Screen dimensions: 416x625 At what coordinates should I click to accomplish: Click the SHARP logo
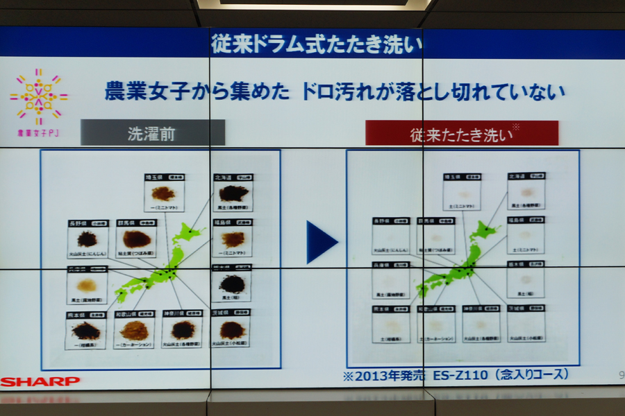tap(40, 381)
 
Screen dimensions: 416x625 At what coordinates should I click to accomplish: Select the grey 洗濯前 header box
tap(153, 133)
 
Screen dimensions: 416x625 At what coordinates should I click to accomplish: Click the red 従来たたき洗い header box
tap(462, 133)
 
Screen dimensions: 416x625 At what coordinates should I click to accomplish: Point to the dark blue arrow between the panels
tap(321, 242)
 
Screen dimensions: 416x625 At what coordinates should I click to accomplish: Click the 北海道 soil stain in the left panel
tap(233, 193)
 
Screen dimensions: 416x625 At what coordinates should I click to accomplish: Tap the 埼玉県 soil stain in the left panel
tap(164, 193)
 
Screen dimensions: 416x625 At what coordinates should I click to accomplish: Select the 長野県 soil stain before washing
tap(87, 239)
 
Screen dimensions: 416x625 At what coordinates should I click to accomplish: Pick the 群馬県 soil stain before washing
tap(136, 239)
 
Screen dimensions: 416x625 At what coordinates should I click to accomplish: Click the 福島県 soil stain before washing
tap(233, 239)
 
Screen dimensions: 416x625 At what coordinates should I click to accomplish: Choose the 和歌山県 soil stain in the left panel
tap(135, 331)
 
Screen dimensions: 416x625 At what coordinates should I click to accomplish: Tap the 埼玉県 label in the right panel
tap(453, 177)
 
